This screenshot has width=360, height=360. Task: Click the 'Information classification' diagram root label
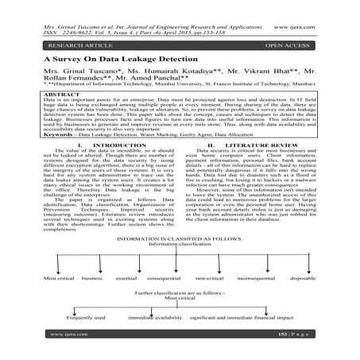[x=180, y=245]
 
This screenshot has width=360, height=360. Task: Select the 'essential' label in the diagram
[x=127, y=278]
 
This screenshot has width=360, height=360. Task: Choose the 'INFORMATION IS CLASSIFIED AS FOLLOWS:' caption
[x=180, y=238]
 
